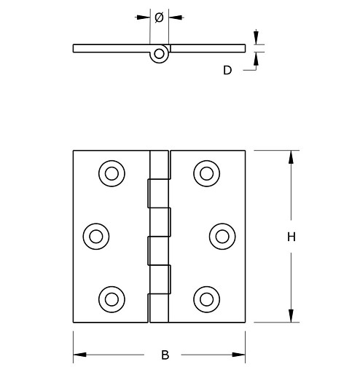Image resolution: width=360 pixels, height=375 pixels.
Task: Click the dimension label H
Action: click(291, 237)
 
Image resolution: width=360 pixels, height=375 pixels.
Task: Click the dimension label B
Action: click(165, 355)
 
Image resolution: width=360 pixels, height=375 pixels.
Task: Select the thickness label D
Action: click(227, 71)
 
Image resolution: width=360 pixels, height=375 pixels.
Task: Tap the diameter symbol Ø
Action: click(160, 17)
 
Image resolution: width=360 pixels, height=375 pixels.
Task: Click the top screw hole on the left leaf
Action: click(110, 173)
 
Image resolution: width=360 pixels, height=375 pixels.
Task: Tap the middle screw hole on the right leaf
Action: click(221, 235)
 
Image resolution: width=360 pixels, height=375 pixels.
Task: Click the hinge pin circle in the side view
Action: click(160, 54)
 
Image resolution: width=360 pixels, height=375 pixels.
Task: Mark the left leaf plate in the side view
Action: click(113, 48)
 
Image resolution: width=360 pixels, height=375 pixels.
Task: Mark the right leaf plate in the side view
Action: click(208, 48)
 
